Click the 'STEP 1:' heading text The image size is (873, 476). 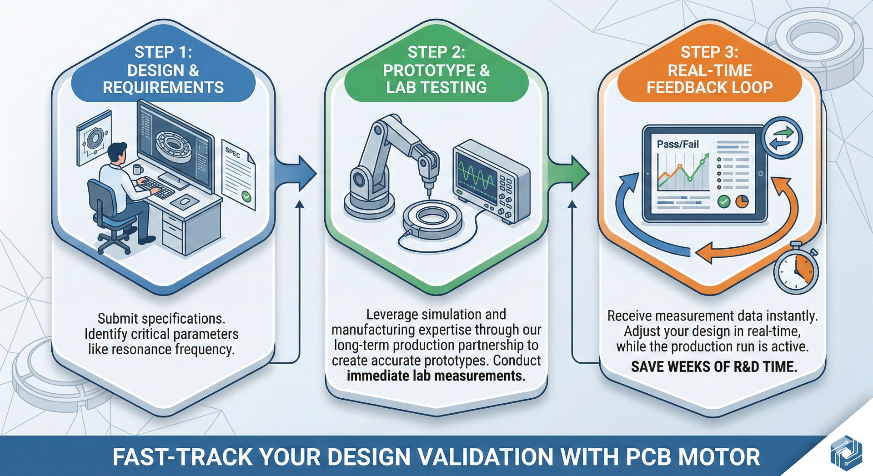163,52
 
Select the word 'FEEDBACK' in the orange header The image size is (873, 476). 685,87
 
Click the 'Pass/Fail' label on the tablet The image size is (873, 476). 677,145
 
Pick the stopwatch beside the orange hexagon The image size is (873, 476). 796,270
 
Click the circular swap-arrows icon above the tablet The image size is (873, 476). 782,138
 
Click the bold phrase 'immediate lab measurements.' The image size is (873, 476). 436,376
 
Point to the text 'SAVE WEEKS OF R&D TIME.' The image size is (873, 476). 714,367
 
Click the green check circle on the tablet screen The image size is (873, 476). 723,201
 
